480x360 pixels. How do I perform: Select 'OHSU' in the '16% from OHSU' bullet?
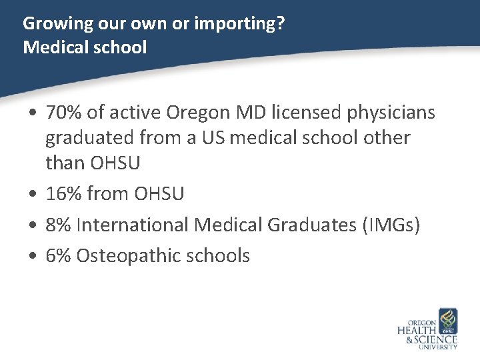pos(159,194)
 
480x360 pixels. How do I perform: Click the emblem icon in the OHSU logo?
pos(447,321)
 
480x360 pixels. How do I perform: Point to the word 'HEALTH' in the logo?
pos(417,331)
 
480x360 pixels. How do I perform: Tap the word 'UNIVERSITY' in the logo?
pos(438,347)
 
